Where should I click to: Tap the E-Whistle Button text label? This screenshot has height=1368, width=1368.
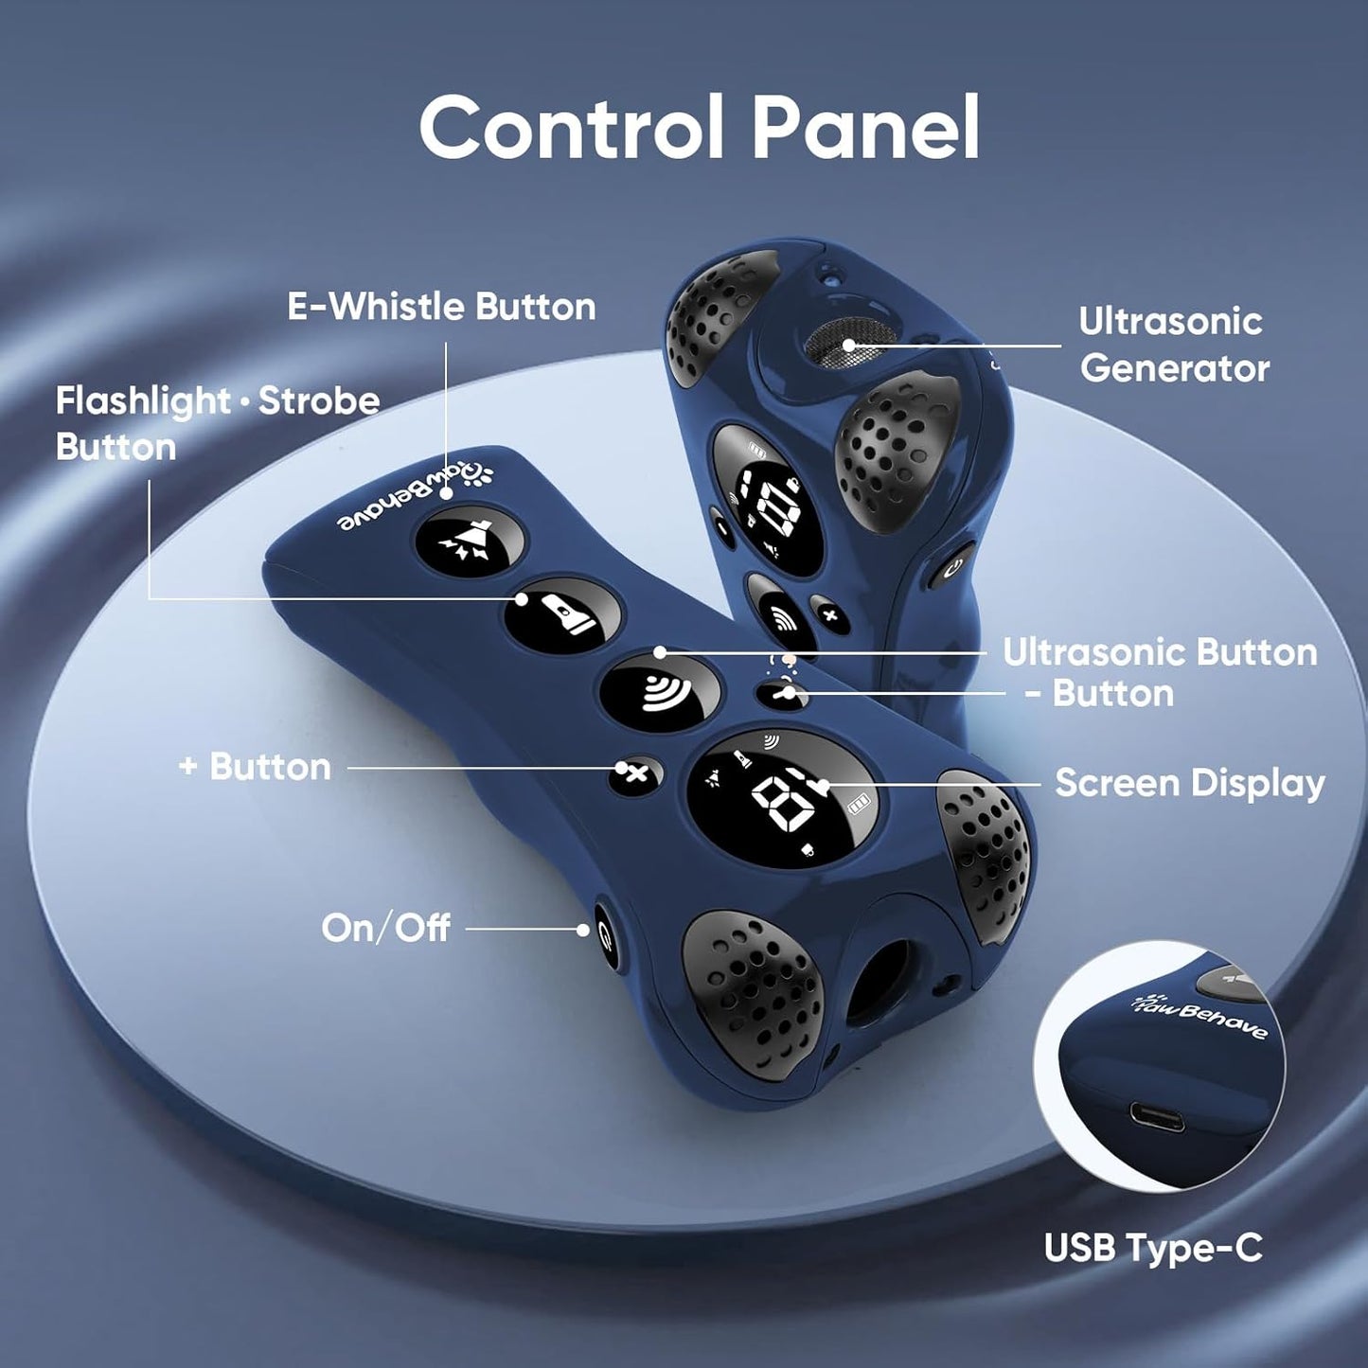[441, 307]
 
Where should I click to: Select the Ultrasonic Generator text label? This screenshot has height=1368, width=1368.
[1174, 345]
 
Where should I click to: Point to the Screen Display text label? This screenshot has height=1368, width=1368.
[1190, 784]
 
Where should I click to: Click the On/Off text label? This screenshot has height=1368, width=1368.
[385, 928]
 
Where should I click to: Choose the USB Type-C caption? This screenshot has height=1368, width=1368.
[1154, 1248]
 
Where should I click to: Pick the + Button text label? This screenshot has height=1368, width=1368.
[255, 768]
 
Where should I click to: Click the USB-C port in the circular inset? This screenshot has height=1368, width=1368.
[1158, 1117]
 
